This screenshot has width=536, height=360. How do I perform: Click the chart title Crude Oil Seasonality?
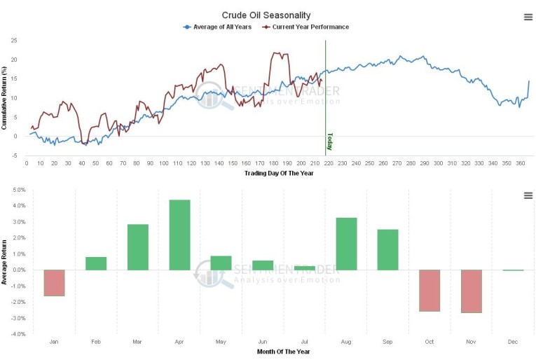pyautogui.click(x=266, y=15)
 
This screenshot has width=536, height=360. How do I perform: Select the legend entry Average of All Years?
pyautogui.click(x=218, y=27)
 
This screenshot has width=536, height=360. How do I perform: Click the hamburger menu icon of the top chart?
pyautogui.click(x=528, y=17)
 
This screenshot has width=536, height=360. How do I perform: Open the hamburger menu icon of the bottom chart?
pyautogui.click(x=528, y=195)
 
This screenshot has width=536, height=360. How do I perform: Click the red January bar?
pyautogui.click(x=54, y=282)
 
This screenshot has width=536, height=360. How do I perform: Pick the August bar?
pyautogui.click(x=346, y=244)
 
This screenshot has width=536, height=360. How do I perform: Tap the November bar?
pyautogui.click(x=472, y=291)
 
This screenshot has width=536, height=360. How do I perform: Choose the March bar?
pyautogui.click(x=138, y=247)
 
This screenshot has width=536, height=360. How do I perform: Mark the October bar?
pyautogui.click(x=430, y=290)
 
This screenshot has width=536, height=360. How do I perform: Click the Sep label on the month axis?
pyautogui.click(x=387, y=342)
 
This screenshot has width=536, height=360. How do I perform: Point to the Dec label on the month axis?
pyautogui.click(x=513, y=342)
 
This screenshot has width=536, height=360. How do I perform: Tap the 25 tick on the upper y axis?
pyautogui.click(x=14, y=40)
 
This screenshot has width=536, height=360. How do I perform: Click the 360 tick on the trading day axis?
pyautogui.click(x=521, y=163)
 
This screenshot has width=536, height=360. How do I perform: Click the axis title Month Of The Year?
pyautogui.click(x=283, y=351)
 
